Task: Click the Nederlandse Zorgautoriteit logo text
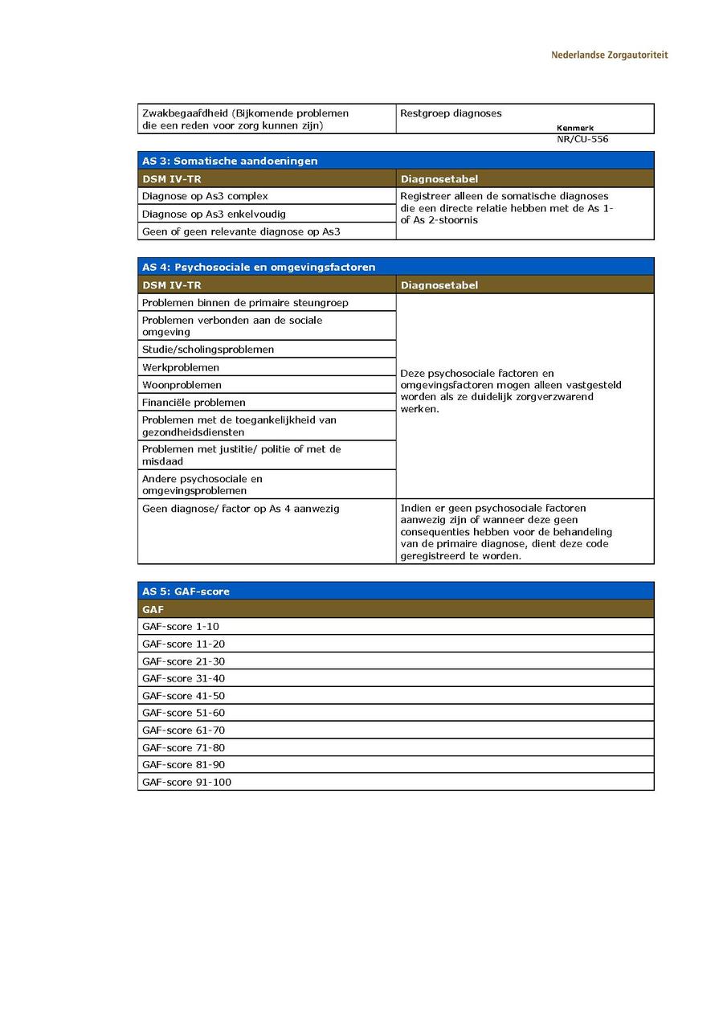[x=609, y=55]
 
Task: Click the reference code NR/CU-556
[x=582, y=139]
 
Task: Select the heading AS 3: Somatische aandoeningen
[x=230, y=161]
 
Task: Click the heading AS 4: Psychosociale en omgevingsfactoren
[x=259, y=267]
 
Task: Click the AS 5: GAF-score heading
[x=186, y=591]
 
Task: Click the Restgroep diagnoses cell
[x=451, y=113]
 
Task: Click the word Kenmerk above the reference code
[x=574, y=128]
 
